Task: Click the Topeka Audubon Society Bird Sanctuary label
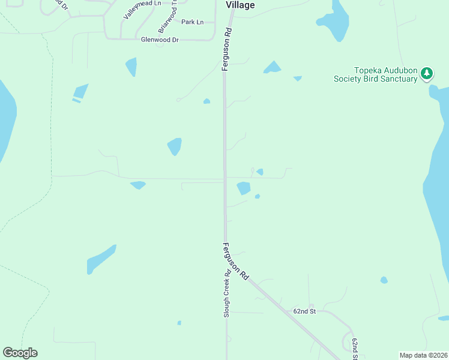(375, 75)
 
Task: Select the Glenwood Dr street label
(160, 40)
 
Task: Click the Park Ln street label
(192, 22)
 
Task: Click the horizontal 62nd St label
(304, 311)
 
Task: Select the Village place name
(240, 5)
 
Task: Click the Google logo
(20, 353)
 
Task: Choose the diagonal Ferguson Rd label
(235, 261)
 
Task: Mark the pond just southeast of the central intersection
(243, 188)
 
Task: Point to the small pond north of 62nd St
(384, 280)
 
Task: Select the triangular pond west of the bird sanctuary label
(272, 68)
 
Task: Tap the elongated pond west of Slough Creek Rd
(101, 259)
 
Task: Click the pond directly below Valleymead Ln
(131, 67)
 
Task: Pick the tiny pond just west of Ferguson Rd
(206, 101)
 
